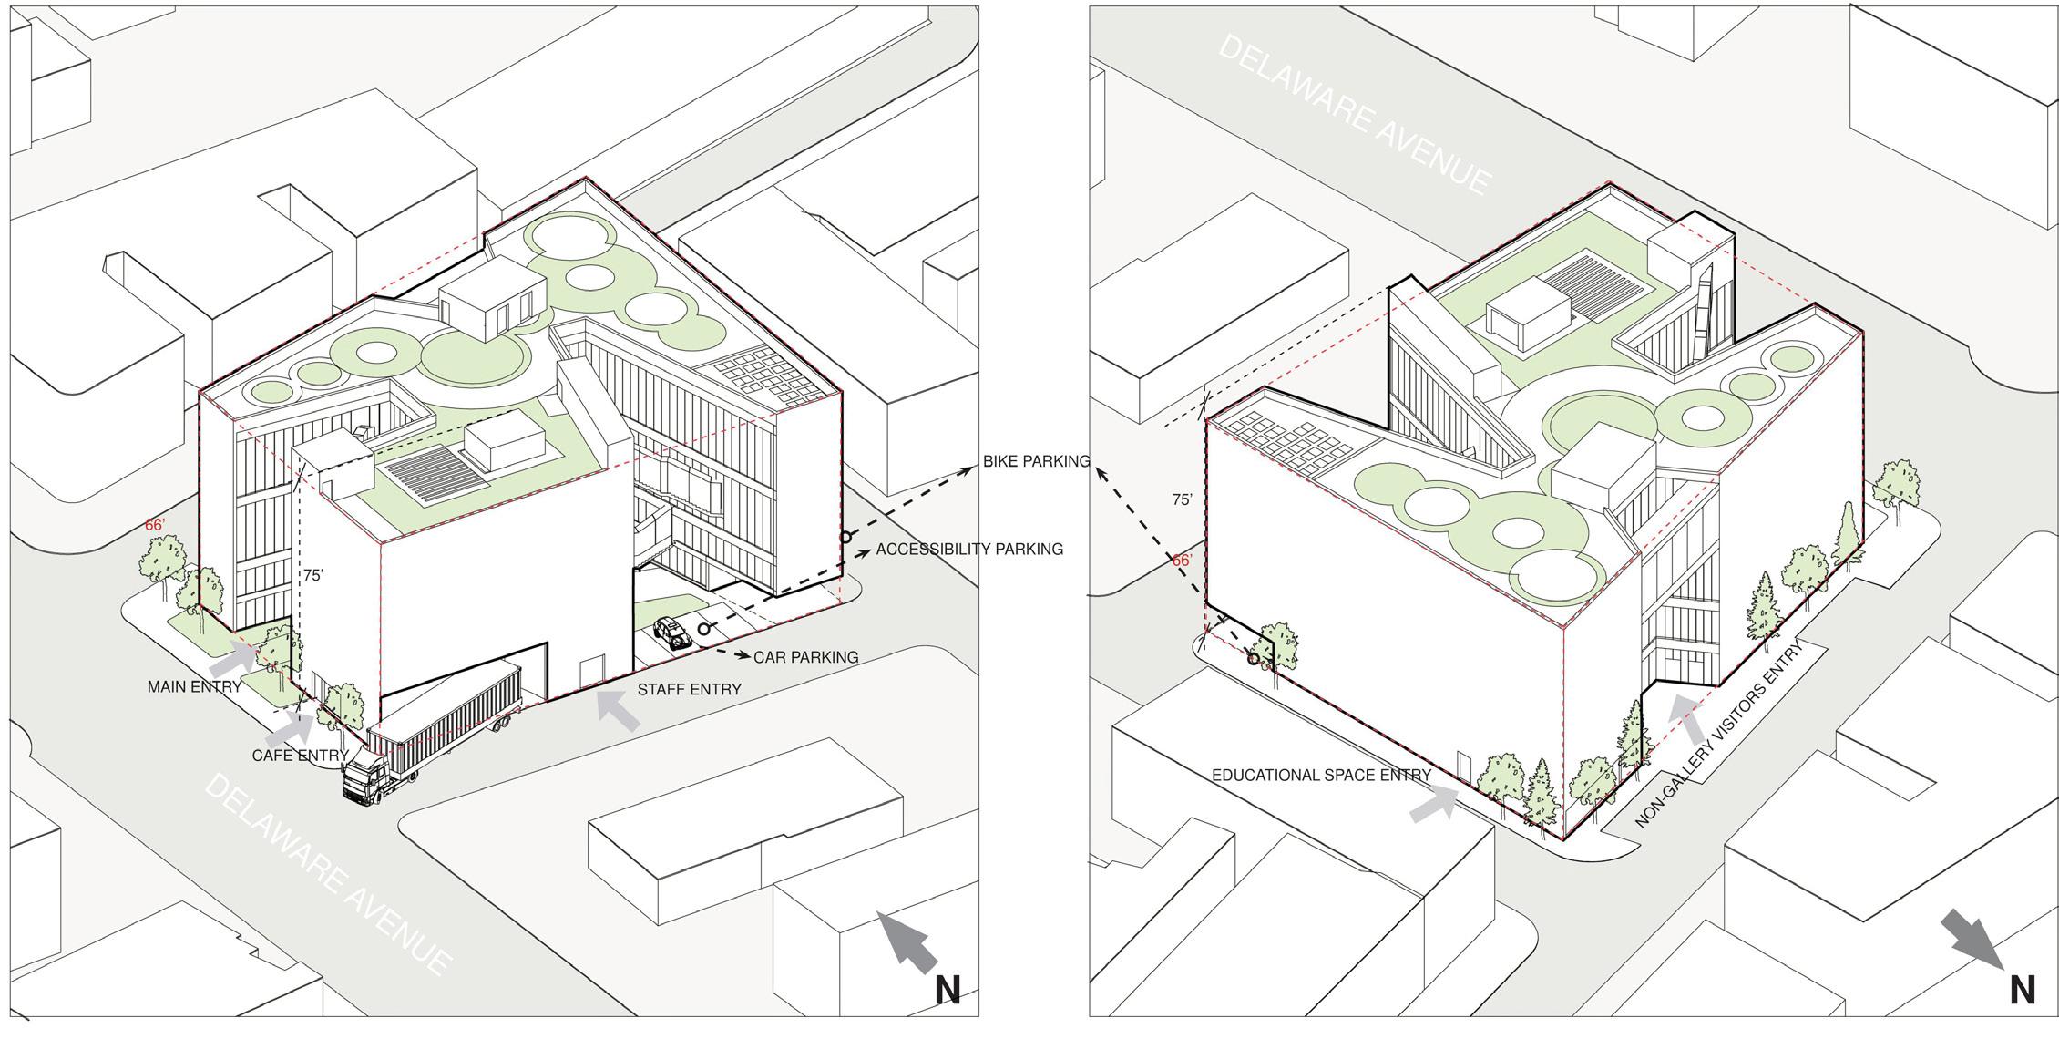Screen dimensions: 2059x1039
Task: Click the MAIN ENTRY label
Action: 194,686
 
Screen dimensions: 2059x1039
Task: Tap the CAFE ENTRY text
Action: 300,756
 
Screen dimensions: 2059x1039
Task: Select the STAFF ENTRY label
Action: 689,690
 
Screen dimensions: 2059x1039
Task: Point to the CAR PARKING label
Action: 805,656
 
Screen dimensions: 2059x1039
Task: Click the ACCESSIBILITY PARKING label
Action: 969,550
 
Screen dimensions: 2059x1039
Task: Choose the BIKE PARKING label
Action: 1036,461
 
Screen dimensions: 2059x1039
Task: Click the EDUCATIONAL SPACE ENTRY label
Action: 1321,775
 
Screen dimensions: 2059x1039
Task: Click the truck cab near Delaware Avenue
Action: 365,777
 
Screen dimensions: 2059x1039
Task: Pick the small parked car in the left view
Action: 672,632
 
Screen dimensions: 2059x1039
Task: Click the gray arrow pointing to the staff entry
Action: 617,710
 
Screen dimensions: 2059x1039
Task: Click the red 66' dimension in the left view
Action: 155,525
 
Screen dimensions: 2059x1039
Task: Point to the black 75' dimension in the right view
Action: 1182,499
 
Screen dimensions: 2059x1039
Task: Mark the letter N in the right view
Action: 2022,990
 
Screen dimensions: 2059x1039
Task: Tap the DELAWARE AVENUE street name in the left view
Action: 327,874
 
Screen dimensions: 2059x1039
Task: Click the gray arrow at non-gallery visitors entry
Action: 1688,720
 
